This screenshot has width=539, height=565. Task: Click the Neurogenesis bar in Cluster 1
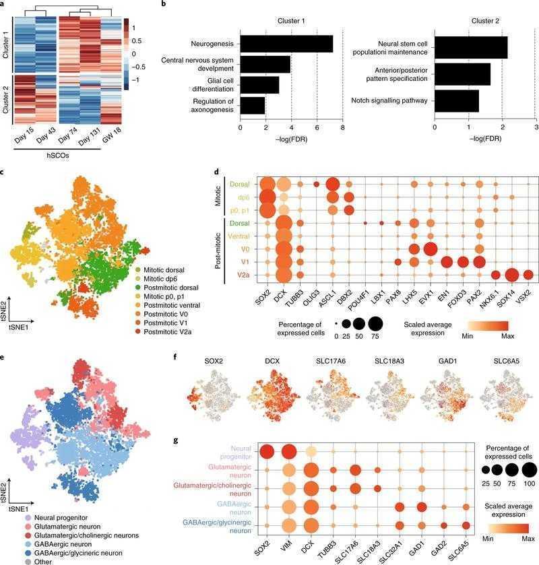tap(286, 44)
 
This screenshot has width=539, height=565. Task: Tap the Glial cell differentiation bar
tap(259, 85)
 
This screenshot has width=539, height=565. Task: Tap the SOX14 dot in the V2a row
tap(512, 275)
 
